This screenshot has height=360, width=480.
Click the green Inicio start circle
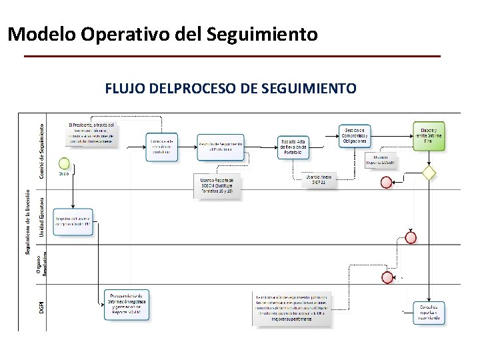[64, 163]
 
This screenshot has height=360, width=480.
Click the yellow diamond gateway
[429, 173]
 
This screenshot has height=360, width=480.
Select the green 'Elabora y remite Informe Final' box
[429, 137]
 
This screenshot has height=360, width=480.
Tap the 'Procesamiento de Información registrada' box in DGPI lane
[127, 304]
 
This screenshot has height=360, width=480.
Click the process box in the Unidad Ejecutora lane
[73, 221]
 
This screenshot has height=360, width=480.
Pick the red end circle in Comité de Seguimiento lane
[386, 182]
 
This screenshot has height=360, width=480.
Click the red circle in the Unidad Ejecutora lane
[411, 237]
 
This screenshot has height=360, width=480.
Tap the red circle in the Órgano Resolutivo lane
[385, 277]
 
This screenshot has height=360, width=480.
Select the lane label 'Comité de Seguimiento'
[41, 150]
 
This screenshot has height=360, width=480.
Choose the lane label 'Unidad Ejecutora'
[41, 215]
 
